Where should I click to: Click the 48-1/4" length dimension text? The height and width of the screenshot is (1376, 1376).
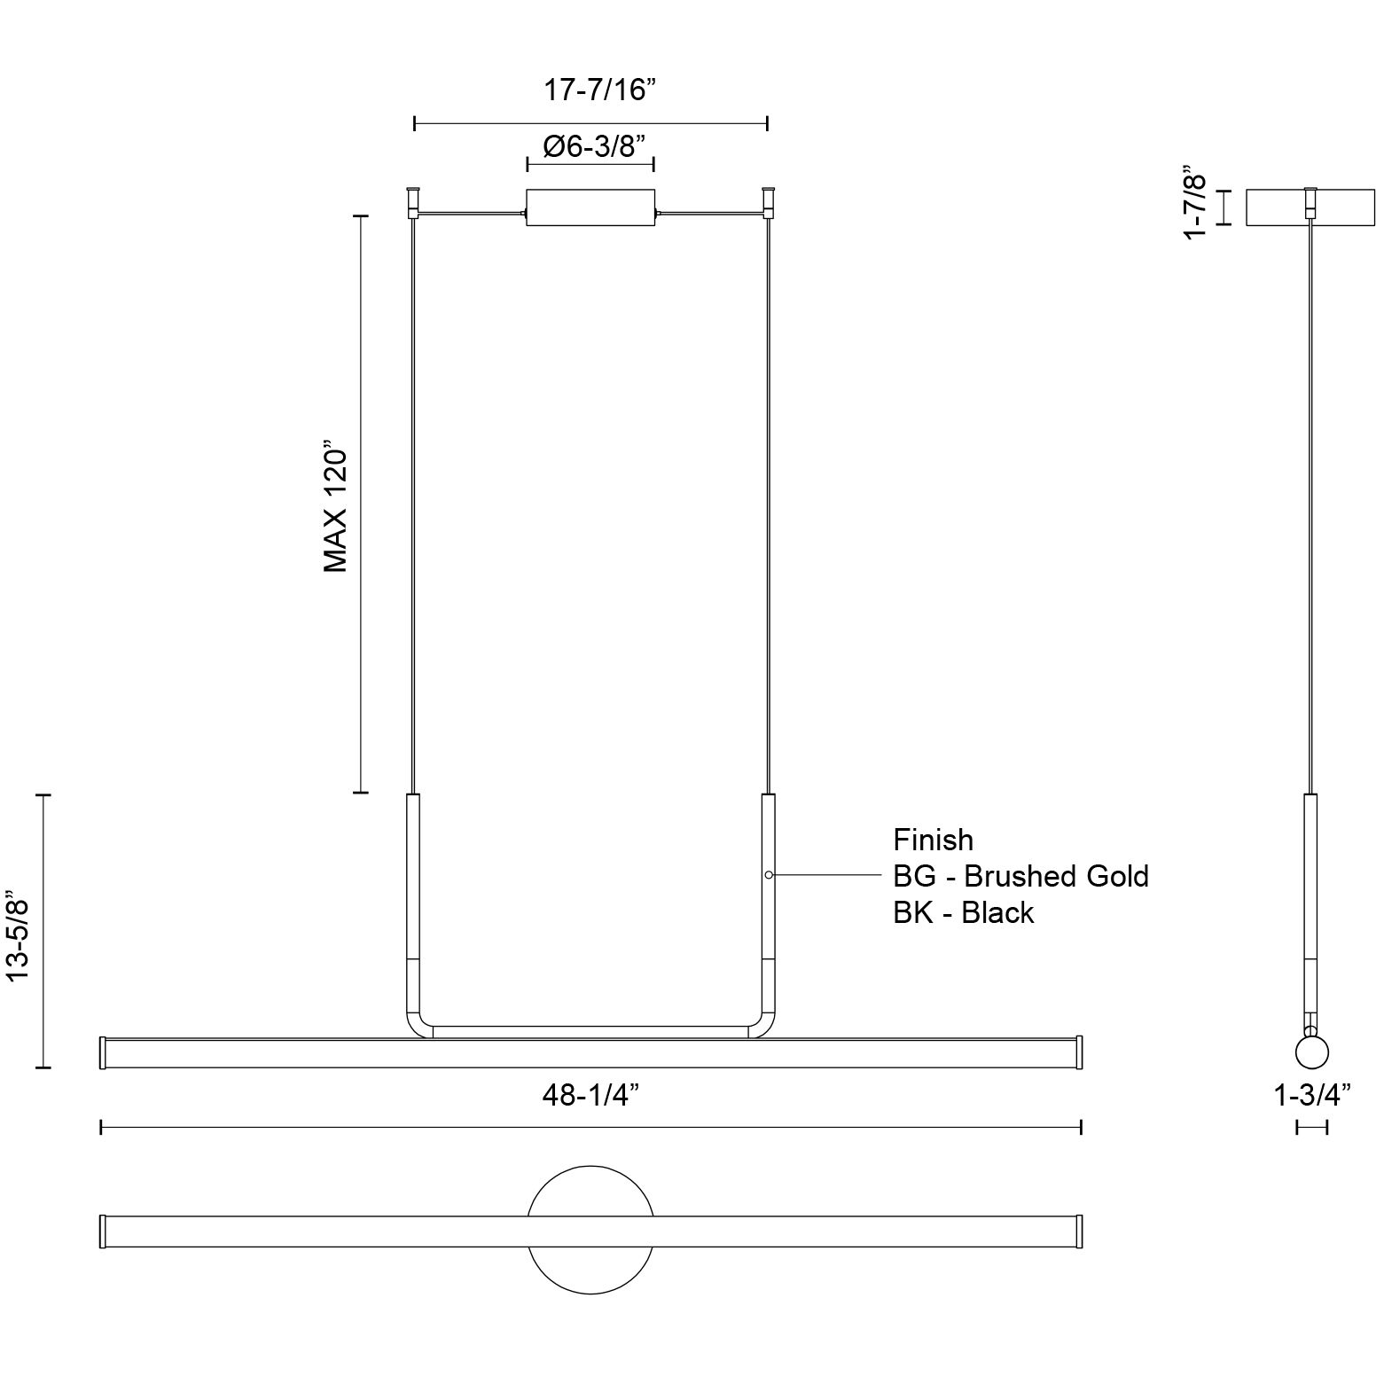point(590,1096)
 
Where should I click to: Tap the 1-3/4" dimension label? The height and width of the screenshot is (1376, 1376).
point(1311,1095)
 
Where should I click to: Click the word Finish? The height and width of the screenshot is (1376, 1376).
point(933,840)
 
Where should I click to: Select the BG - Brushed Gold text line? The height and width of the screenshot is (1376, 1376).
point(1020,876)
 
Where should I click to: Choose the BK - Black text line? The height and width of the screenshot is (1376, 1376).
point(963,912)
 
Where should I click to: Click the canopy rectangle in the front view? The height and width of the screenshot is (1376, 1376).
point(590,207)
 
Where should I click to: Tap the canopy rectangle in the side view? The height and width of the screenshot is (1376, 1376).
point(1310,207)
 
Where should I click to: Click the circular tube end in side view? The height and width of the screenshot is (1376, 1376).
point(1311,1052)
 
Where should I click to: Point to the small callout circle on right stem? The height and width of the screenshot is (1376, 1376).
point(769,875)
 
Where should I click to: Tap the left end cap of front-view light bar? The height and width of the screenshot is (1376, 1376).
point(103,1052)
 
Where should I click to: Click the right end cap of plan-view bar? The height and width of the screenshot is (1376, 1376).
point(1079,1231)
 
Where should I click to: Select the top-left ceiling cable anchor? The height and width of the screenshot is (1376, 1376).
point(412,202)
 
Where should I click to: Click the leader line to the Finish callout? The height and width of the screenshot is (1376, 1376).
point(829,875)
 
